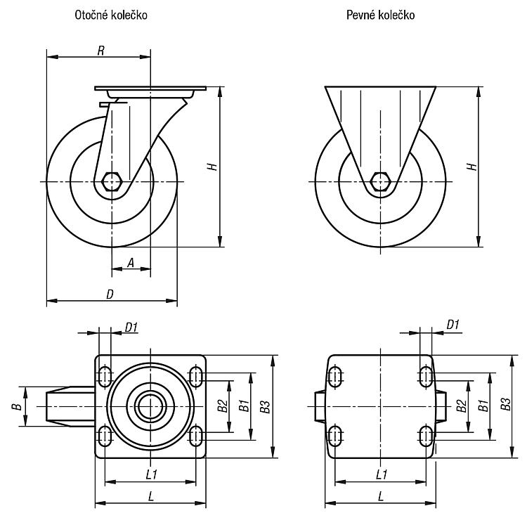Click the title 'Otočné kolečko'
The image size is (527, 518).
(x=111, y=15)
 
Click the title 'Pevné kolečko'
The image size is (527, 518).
(x=380, y=15)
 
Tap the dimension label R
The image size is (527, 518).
(x=100, y=51)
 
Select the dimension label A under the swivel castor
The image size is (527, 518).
(x=131, y=263)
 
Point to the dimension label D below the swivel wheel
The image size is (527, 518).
(x=110, y=294)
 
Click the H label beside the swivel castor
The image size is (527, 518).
(x=213, y=167)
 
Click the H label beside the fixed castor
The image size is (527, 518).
(x=472, y=167)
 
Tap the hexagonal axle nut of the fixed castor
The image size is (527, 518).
(x=380, y=182)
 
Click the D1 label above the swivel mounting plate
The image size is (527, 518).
(x=131, y=327)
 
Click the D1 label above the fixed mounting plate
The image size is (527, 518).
(x=453, y=325)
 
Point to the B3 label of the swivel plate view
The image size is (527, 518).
(x=265, y=407)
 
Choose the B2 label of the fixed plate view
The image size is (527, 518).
(x=462, y=406)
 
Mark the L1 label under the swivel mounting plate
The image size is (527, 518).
(x=152, y=474)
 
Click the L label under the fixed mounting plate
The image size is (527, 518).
(x=380, y=496)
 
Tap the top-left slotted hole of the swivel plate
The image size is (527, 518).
(x=105, y=377)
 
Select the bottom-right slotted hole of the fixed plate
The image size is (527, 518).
(x=427, y=436)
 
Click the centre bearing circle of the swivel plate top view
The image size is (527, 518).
(x=150, y=406)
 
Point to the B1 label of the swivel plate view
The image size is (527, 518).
(x=245, y=406)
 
